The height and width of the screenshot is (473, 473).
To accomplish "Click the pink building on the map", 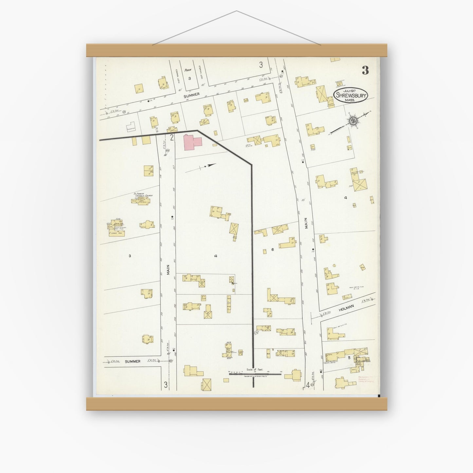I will (x=192, y=142).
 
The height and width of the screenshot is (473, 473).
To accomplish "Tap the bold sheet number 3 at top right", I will (x=365, y=70).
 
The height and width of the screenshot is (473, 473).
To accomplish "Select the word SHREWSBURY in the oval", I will (x=351, y=95).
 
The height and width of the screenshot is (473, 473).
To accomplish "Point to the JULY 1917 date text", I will (x=349, y=90).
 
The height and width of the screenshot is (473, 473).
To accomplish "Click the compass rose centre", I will (x=353, y=121).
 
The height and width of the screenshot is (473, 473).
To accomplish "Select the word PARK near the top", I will (x=188, y=70).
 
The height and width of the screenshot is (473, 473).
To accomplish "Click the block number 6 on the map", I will (x=272, y=250).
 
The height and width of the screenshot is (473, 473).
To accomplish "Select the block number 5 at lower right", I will (x=349, y=358).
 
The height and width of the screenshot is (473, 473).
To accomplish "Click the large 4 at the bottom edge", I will (x=308, y=385).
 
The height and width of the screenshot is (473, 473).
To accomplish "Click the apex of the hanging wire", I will (x=236, y=11).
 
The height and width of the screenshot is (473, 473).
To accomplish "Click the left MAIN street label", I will (x=168, y=278).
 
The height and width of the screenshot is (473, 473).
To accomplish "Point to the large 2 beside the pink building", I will (x=172, y=137).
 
